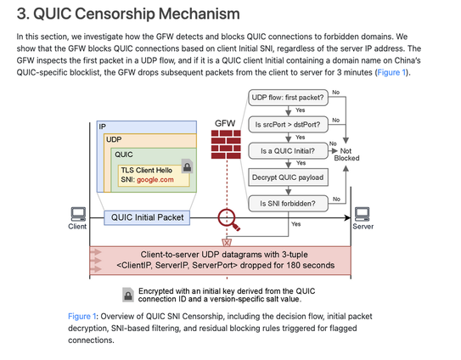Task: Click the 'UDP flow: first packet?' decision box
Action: click(288, 98)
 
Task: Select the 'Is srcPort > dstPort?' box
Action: click(288, 125)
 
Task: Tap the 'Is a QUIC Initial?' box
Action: click(288, 151)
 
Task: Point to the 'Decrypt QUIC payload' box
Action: click(288, 177)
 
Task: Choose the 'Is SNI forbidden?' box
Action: click(288, 203)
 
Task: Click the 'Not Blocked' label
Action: click(346, 155)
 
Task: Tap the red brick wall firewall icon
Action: click(226, 144)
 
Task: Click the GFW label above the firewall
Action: click(225, 123)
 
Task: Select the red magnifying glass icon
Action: click(228, 220)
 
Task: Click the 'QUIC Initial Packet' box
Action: click(147, 217)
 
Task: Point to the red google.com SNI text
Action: click(155, 180)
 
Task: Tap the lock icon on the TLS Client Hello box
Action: click(187, 166)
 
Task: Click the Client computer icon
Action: click(78, 214)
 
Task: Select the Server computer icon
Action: click(363, 214)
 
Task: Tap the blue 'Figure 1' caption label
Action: click(82, 317)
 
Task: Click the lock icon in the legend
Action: click(128, 295)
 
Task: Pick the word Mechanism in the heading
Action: click(200, 14)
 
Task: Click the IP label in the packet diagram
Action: click(103, 127)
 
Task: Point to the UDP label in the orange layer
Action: click(114, 139)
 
